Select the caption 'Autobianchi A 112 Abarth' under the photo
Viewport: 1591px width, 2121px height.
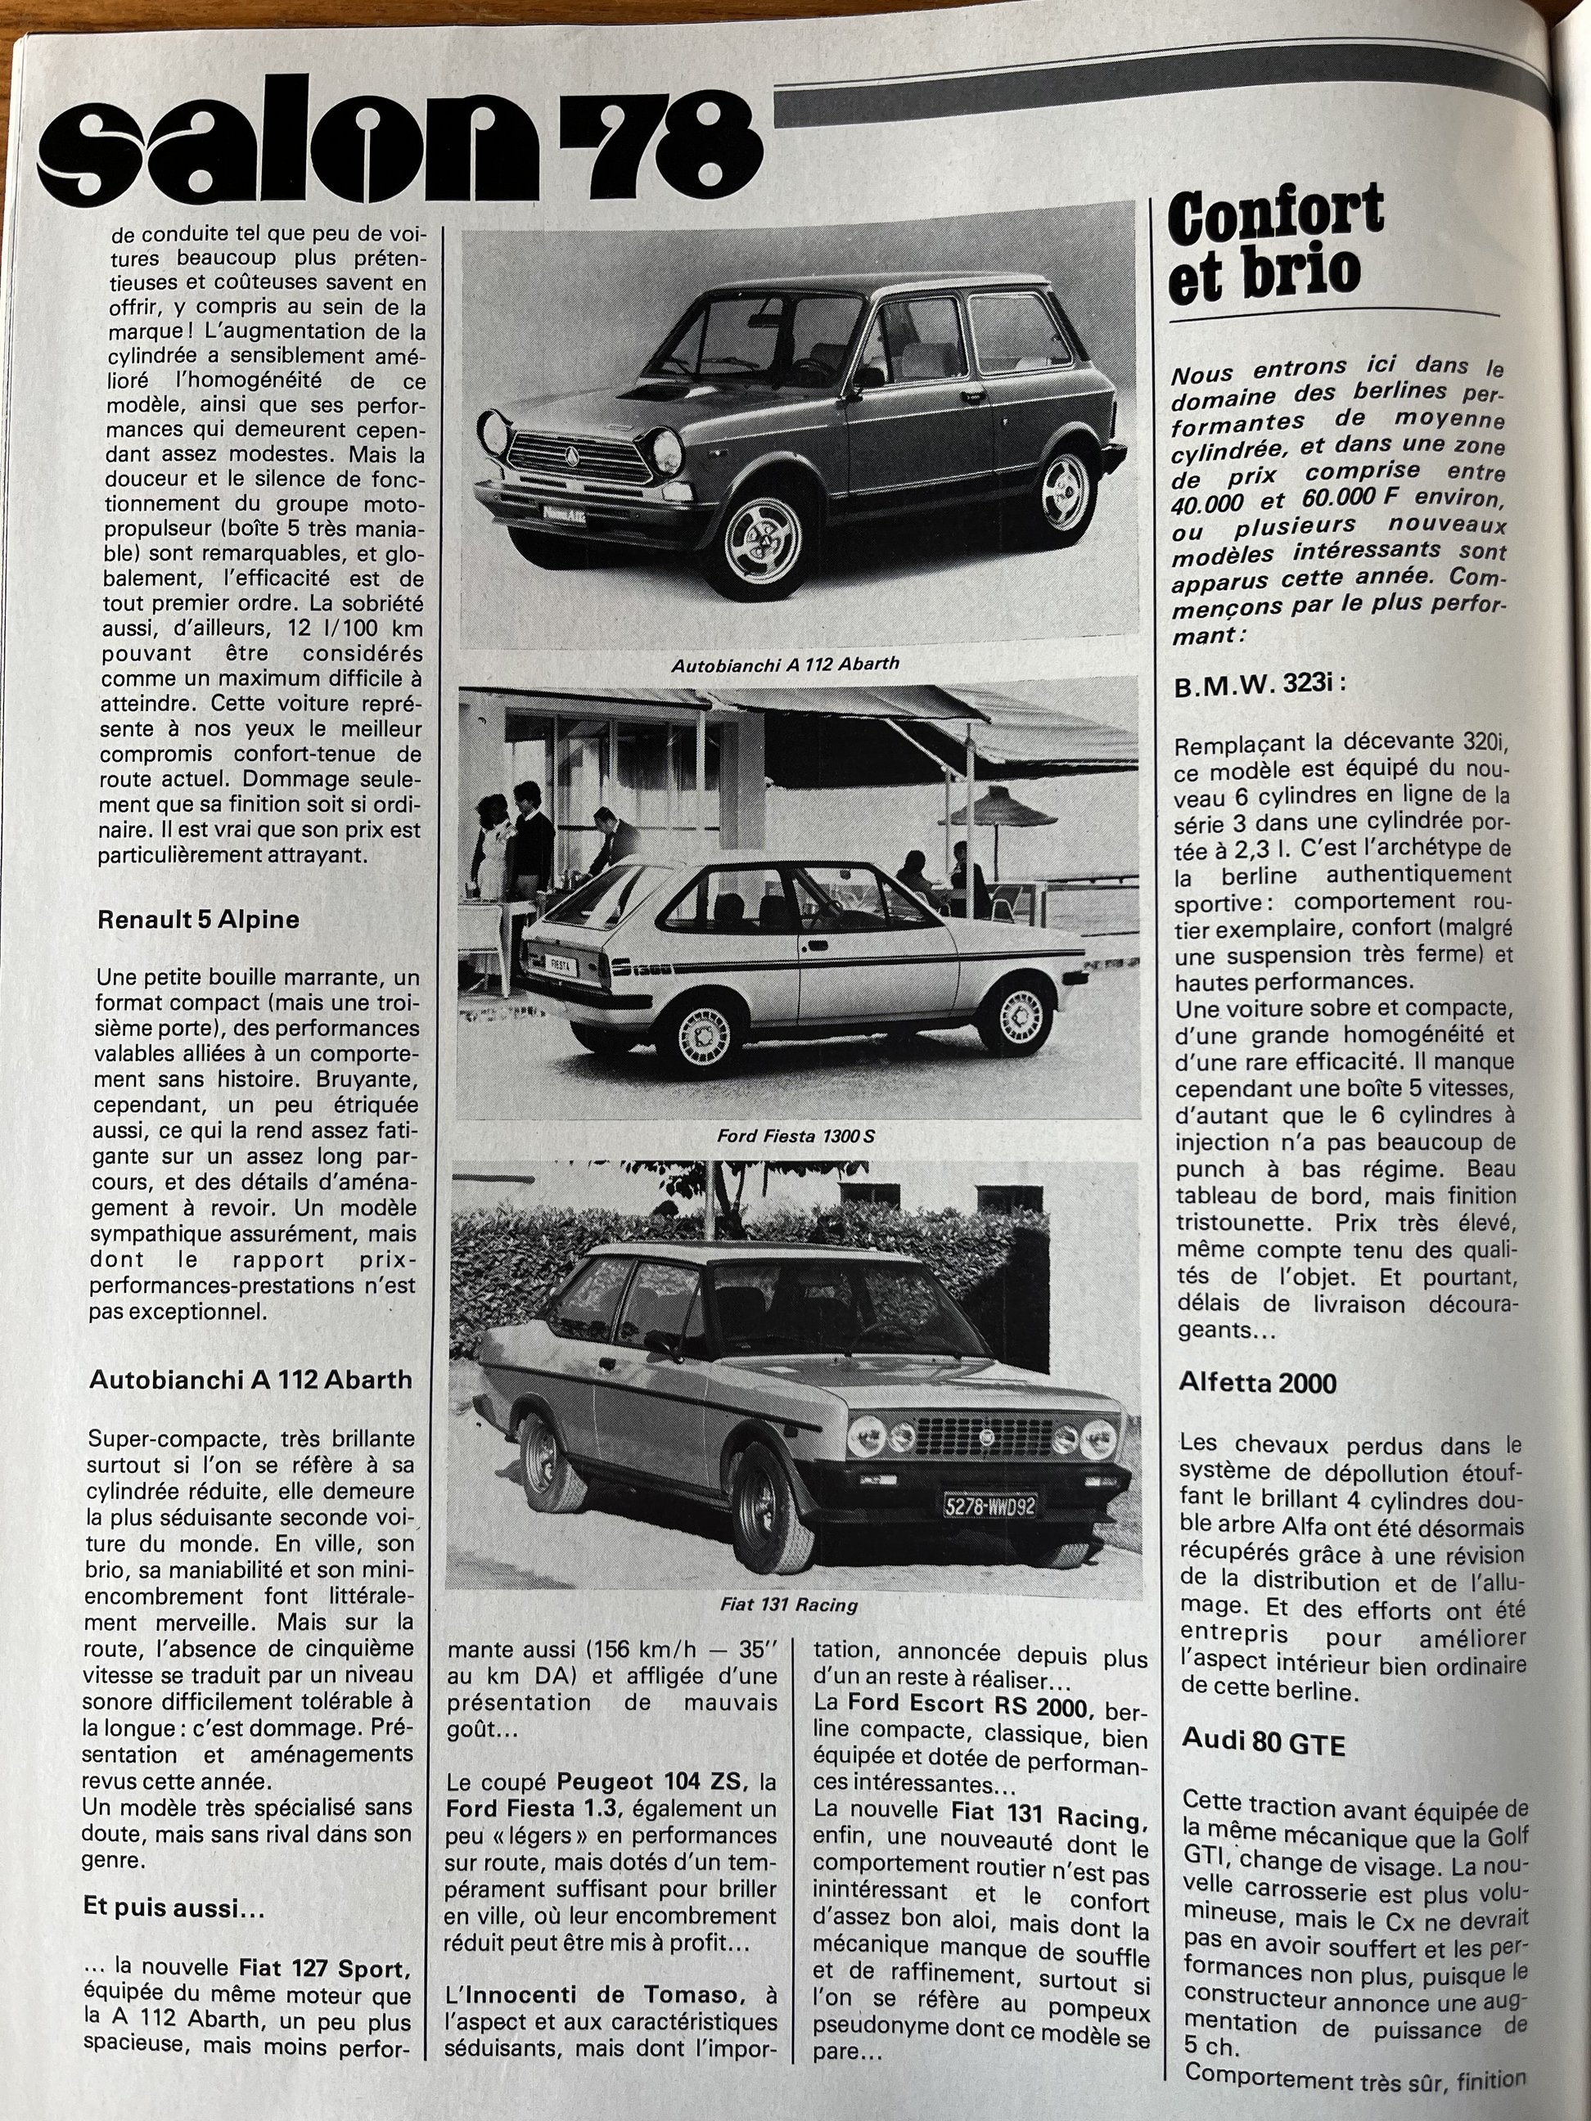pos(785,664)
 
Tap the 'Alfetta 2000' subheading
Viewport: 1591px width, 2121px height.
pos(1258,1383)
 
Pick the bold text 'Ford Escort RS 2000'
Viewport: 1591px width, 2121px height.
pos(969,1706)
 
